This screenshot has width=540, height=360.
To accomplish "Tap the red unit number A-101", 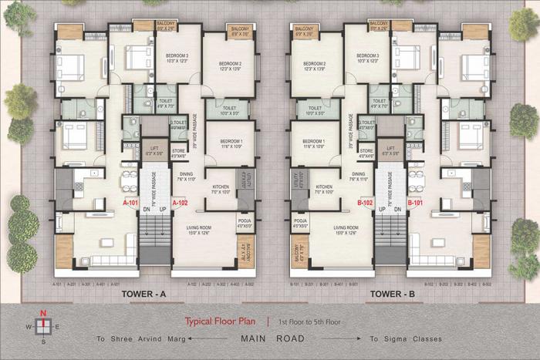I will tap(130, 203).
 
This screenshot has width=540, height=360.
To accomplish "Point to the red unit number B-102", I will tap(366, 203).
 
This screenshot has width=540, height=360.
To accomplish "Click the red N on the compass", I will tap(43, 313).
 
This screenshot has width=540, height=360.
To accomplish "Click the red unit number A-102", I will tap(180, 203).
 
